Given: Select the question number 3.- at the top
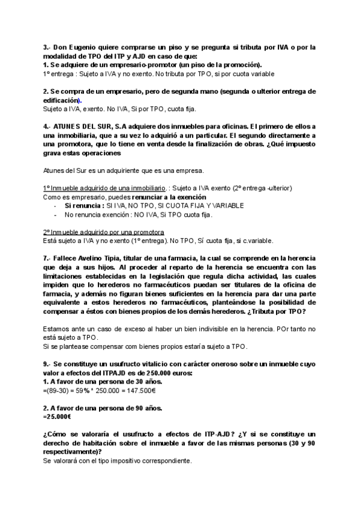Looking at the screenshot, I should coord(47,47).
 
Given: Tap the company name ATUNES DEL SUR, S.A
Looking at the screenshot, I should coord(86,127).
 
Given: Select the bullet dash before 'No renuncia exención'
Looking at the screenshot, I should coord(56,214).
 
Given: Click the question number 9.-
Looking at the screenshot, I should coord(47,364).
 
